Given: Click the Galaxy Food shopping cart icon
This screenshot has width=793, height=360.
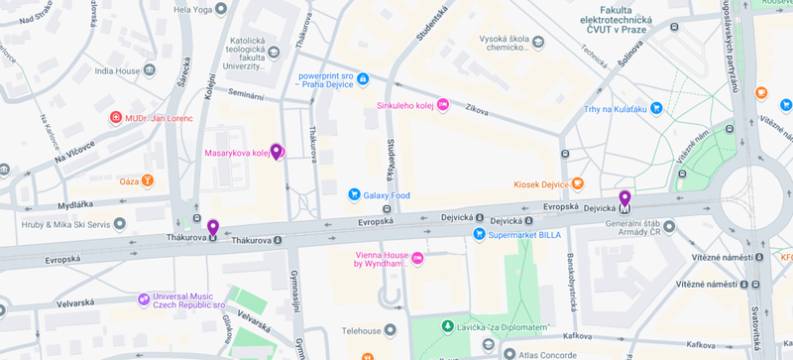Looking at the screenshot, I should point(353,194).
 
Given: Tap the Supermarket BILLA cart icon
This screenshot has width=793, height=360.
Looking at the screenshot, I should point(479,234).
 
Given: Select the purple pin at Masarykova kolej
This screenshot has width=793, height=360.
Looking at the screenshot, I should point(277,152).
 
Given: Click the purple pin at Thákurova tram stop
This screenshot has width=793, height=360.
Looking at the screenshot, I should point(212,228).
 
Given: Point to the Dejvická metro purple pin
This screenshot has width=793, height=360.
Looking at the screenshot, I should point(624,200).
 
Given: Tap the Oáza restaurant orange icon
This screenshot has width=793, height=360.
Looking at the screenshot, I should point(148,180).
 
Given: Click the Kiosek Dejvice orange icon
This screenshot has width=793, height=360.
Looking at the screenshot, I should point(579,184).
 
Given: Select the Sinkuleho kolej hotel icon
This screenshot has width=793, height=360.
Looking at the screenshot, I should point(443,104).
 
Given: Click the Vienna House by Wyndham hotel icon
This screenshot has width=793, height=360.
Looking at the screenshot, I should point(417,259).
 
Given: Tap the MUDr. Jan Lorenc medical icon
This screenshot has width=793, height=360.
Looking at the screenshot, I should point(115,118).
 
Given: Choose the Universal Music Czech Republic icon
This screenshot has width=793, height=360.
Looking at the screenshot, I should point(145,298).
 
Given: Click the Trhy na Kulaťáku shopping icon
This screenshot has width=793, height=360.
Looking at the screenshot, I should point(656,109).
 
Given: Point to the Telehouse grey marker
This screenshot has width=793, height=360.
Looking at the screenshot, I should point(391,329).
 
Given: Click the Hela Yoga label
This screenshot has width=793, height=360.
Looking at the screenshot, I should point(194,10).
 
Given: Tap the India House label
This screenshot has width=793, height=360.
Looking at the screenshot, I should point(117,70).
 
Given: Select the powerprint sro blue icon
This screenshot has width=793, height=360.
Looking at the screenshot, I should point(363,78).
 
